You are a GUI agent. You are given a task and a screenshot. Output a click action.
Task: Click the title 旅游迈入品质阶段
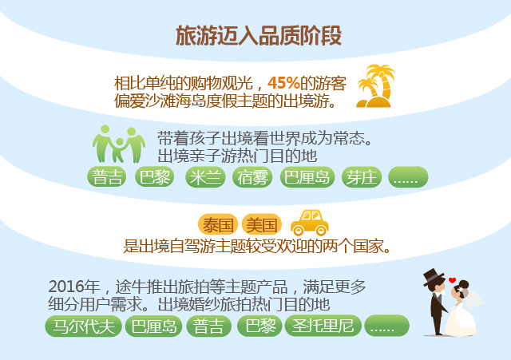click(259, 35)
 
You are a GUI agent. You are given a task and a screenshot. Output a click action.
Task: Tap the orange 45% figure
click(283, 83)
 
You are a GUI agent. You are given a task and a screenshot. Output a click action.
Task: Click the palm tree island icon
click(374, 86)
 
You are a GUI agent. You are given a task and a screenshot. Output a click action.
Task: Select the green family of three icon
click(119, 144)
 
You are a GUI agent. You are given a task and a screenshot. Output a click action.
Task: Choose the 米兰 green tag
click(205, 177)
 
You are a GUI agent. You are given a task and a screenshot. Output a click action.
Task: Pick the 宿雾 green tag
click(252, 177)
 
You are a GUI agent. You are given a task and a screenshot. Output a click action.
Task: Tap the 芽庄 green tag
click(362, 177)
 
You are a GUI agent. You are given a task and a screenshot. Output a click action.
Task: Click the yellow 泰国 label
click(218, 224)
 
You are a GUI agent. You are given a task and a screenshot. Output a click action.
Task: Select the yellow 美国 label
click(261, 224)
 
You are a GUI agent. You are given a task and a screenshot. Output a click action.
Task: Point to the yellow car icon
click(310, 223)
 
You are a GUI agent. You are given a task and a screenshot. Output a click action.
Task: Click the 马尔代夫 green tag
click(83, 326)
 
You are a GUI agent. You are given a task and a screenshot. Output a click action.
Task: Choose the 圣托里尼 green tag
click(323, 326)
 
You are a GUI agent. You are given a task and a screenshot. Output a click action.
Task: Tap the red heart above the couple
click(452, 280)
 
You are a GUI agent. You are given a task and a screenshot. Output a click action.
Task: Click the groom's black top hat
click(434, 277)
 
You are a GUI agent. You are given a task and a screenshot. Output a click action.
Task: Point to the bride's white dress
click(460, 319)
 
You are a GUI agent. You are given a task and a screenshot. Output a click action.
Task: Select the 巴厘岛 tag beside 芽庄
click(307, 177)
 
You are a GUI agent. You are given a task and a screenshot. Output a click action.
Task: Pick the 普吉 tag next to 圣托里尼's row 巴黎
click(209, 326)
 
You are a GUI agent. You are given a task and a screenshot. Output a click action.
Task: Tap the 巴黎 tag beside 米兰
click(154, 177)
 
